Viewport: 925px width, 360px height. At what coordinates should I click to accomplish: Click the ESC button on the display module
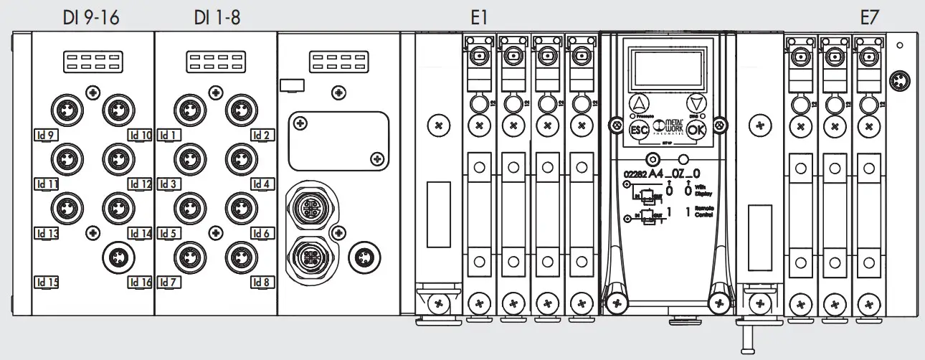pyautogui.click(x=639, y=131)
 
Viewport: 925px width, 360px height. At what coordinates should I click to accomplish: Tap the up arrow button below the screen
pyautogui.click(x=639, y=103)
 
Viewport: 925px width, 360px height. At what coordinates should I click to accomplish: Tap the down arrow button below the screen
pyautogui.click(x=694, y=103)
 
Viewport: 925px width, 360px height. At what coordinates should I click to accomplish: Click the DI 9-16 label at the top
pyautogui.click(x=90, y=18)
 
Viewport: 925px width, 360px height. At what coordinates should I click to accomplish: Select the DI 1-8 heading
pyautogui.click(x=217, y=18)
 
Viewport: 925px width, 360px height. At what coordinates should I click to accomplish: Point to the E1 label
pyautogui.click(x=479, y=18)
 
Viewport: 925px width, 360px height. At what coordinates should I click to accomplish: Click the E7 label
pyautogui.click(x=869, y=18)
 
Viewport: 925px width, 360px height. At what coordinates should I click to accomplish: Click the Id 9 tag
pyautogui.click(x=46, y=134)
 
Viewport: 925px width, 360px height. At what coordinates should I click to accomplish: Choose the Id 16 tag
pyautogui.click(x=141, y=283)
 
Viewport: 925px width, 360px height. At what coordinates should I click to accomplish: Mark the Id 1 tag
pyautogui.click(x=167, y=134)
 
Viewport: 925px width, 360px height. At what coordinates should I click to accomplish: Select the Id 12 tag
pyautogui.click(x=141, y=184)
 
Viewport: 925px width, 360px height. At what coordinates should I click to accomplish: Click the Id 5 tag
pyautogui.click(x=168, y=233)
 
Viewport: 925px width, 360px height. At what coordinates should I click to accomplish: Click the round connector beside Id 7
pyautogui.click(x=188, y=255)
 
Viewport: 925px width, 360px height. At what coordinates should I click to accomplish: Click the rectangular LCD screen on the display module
pyautogui.click(x=666, y=68)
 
